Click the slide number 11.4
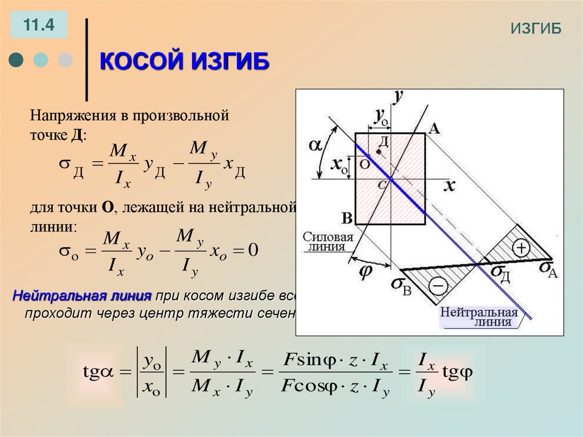coord(38,25)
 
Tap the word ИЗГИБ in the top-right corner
coord(536,29)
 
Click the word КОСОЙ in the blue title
coord(137,60)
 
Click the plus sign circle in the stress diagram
coord(520,248)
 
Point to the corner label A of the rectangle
coord(434,128)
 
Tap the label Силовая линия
coord(327,242)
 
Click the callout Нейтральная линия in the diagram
coord(478,317)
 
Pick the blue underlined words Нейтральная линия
coord(82,297)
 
